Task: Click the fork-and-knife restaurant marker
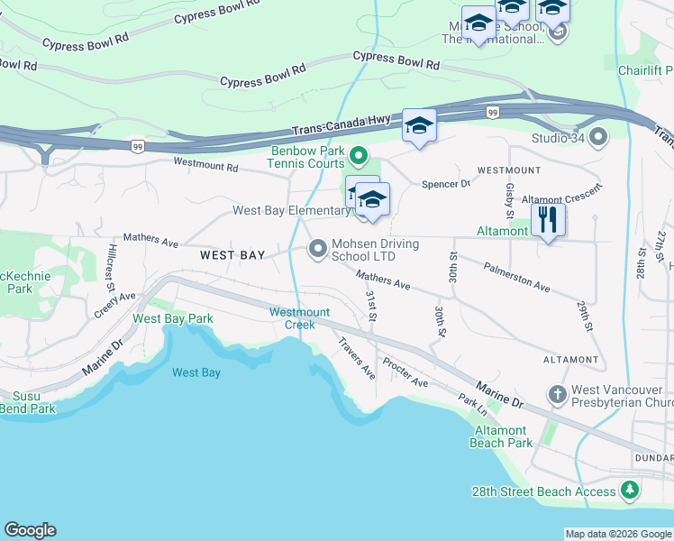coord(547,220)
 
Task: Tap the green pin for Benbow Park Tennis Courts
coord(359,157)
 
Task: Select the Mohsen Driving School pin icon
coord(317,248)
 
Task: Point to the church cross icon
coord(558,395)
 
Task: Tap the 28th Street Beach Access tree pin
coord(630,491)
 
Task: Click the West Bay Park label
coord(173,318)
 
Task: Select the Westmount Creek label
coord(300,318)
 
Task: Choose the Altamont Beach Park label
coord(501,436)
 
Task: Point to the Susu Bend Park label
coord(28,402)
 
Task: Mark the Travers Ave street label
coord(357,358)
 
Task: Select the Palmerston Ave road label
coord(516,278)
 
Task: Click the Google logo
coord(30,530)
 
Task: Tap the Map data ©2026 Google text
coord(617,534)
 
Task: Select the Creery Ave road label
coord(114,305)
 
